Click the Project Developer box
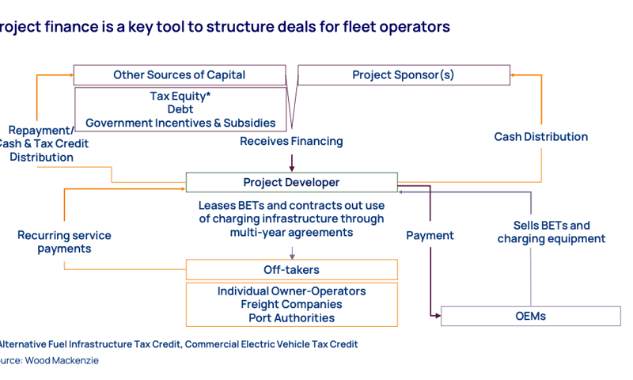pyautogui.click(x=291, y=182)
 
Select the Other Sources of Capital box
pyautogui.click(x=179, y=75)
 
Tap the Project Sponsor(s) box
pyautogui.click(x=403, y=75)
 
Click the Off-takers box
pyautogui.click(x=291, y=270)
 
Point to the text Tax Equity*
pyautogui.click(x=180, y=96)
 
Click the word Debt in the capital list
pyautogui.click(x=180, y=109)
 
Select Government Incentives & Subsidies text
pyautogui.click(x=180, y=123)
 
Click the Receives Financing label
pyautogui.click(x=291, y=141)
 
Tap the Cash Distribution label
pyautogui.click(x=541, y=136)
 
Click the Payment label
pyautogui.click(x=430, y=235)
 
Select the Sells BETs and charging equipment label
pyautogui.click(x=551, y=232)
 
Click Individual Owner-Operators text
pyautogui.click(x=291, y=291)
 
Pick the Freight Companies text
pyautogui.click(x=291, y=305)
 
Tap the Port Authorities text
pyautogui.click(x=291, y=318)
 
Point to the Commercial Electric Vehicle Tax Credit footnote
pyautogui.click(x=271, y=344)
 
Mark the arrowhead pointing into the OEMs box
pyautogui.click(x=437, y=316)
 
